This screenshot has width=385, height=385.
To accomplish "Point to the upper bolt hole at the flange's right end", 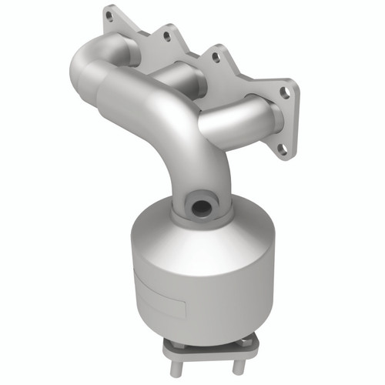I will click(x=285, y=92).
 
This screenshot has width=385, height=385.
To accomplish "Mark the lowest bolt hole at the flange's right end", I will click(x=281, y=148).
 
